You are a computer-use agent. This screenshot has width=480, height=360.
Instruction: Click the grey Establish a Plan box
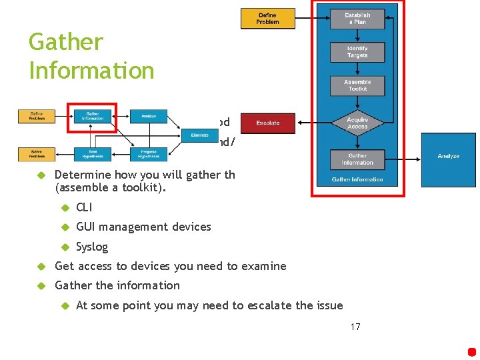357,19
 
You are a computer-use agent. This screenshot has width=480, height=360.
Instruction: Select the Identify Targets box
357,52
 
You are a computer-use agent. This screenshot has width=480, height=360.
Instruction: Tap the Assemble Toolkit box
357,85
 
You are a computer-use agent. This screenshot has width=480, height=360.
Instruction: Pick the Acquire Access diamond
357,123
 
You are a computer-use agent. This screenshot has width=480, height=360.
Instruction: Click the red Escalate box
267,123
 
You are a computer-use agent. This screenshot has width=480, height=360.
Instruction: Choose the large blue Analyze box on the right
448,156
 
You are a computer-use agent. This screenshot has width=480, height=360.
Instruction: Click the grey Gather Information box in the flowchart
357,159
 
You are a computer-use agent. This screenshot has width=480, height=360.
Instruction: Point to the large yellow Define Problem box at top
267,19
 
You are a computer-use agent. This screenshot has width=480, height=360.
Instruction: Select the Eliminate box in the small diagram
199,135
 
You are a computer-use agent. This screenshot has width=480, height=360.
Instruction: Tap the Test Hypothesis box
93,154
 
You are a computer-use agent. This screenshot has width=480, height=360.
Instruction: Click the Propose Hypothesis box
148,154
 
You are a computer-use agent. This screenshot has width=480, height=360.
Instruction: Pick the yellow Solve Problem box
37,154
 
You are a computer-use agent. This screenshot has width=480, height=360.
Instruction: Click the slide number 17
355,327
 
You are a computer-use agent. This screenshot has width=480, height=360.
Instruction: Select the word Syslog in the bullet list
92,247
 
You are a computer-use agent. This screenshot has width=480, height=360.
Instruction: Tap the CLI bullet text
84,207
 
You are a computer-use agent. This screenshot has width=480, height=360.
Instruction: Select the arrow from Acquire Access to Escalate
313,123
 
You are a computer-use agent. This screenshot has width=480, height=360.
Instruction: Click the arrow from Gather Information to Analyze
403,159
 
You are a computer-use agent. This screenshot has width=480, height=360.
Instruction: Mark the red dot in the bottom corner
472,352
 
